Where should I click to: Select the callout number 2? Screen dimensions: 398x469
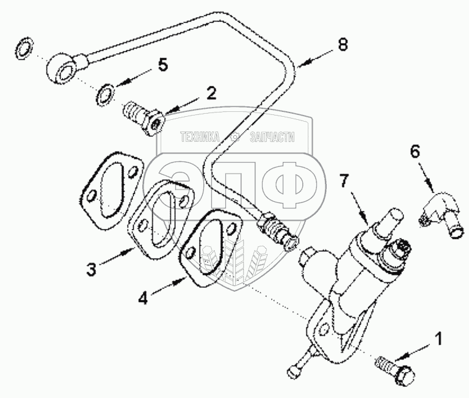tap(211, 94)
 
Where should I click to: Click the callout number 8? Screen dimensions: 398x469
tap(344, 45)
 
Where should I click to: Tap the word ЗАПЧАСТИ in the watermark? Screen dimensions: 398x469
tap(272, 138)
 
